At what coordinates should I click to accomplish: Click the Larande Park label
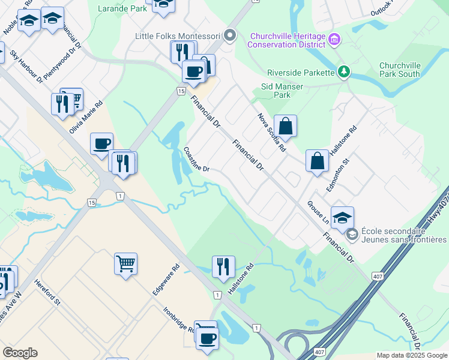(121, 9)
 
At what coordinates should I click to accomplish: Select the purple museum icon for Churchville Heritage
(335, 40)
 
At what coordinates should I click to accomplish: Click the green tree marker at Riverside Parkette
(343, 73)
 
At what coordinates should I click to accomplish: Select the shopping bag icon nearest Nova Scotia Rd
(286, 126)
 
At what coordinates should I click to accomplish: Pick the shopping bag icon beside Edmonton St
(317, 161)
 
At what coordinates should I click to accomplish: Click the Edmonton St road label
(337, 175)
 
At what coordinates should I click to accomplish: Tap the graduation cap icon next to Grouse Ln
(342, 218)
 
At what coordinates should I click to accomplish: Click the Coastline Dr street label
(196, 160)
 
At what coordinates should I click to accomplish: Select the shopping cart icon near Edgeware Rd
(125, 263)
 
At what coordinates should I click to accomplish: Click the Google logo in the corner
(20, 353)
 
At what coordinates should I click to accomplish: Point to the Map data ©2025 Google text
(412, 355)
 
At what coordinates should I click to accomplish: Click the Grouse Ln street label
(319, 213)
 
